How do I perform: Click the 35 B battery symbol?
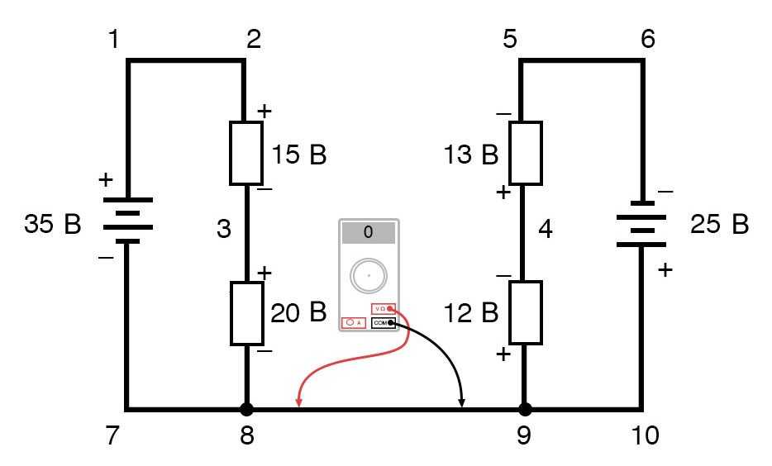tap(128, 221)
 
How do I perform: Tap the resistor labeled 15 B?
tap(246, 154)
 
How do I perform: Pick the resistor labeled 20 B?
tap(246, 313)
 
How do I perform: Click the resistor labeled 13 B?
tap(525, 154)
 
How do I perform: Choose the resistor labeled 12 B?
tap(525, 312)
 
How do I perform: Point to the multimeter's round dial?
tap(368, 276)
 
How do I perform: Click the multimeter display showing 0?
tap(368, 233)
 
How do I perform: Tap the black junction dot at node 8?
tap(246, 409)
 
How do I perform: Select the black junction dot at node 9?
tap(524, 409)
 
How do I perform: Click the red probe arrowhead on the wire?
tap(298, 402)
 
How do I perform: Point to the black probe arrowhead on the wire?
tap(462, 402)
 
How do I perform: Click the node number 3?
tap(224, 229)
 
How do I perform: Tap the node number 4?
tap(545, 229)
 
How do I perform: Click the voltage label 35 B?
tap(53, 224)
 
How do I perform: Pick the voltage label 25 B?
tap(718, 224)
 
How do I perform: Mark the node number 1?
tap(113, 39)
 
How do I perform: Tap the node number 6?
tap(647, 39)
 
